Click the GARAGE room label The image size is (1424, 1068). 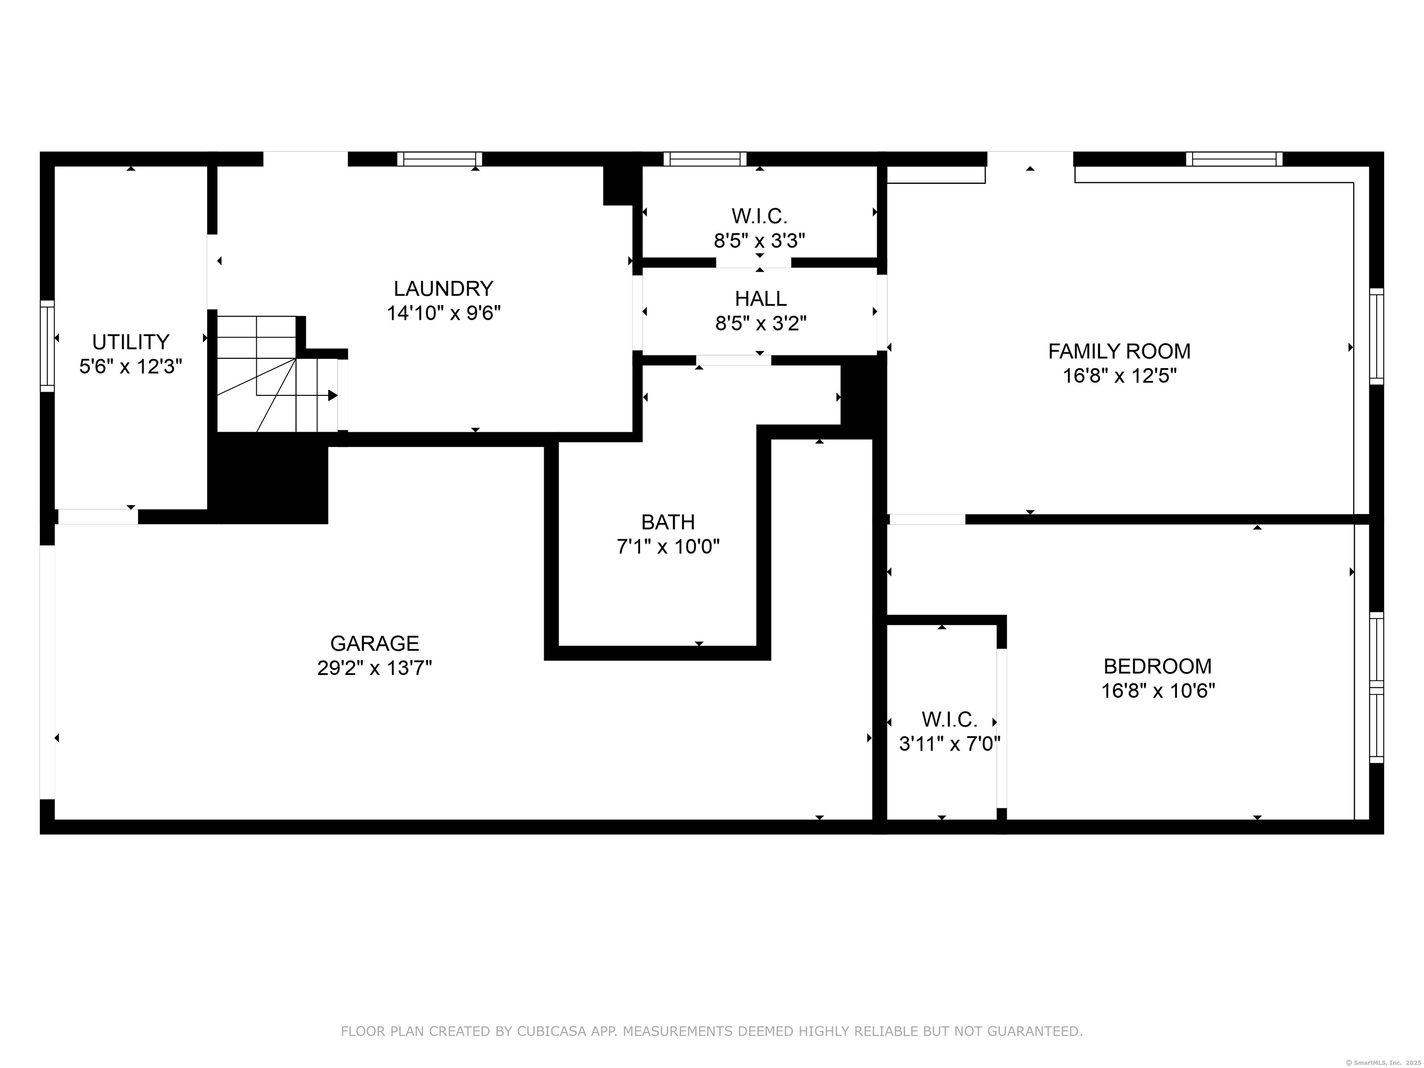coord(375,643)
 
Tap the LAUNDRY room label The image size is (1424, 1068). coord(444,288)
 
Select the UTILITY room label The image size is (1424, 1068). coord(131,341)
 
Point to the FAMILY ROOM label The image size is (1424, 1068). coord(1119,351)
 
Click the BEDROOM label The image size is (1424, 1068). coord(1157,666)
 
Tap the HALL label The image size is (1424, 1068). coord(760,298)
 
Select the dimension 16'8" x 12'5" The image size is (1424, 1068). coord(1119,375)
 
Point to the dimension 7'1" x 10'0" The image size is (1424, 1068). coord(668,547)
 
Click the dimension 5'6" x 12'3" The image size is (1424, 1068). coord(131,366)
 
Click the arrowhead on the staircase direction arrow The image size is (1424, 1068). coord(333,395)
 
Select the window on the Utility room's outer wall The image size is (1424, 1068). coord(47,346)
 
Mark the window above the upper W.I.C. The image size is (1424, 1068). coord(705,159)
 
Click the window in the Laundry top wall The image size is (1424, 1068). coord(440,159)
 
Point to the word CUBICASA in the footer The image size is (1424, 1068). coord(551,1031)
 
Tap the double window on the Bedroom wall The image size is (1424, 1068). coord(1376,687)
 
